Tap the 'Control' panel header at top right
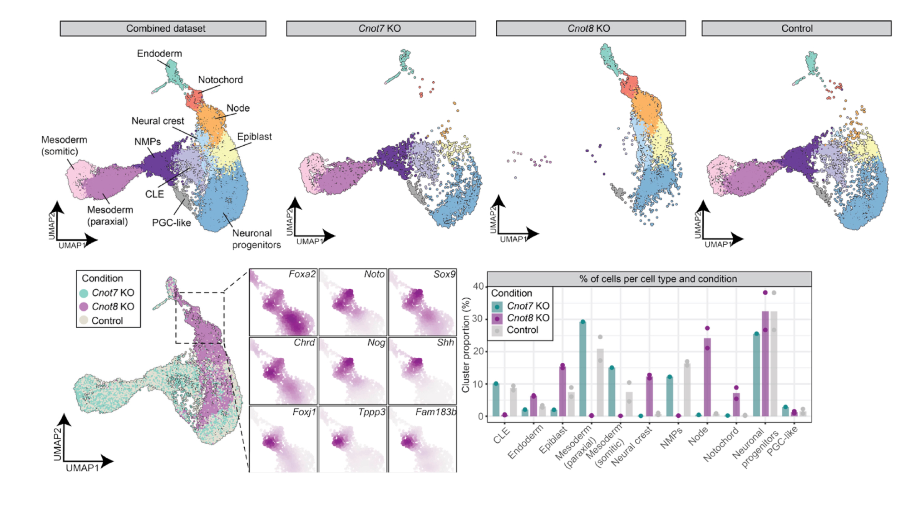click(x=796, y=29)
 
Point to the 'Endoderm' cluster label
click(x=159, y=54)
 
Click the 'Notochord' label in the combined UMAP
click(x=220, y=80)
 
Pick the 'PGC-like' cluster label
click(x=171, y=222)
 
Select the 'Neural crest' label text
click(x=158, y=121)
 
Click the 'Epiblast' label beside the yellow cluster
click(x=254, y=137)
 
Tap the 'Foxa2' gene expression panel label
click(x=302, y=274)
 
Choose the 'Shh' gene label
click(x=445, y=343)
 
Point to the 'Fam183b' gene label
click(x=436, y=412)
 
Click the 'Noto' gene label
click(x=374, y=274)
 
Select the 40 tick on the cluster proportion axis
click(x=478, y=287)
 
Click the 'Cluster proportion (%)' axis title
click(x=466, y=345)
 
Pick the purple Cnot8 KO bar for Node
click(x=707, y=377)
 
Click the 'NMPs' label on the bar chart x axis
click(x=671, y=439)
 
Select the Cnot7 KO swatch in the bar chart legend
click(x=497, y=306)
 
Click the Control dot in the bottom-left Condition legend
click(x=84, y=321)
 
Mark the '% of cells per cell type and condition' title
click(x=658, y=279)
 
